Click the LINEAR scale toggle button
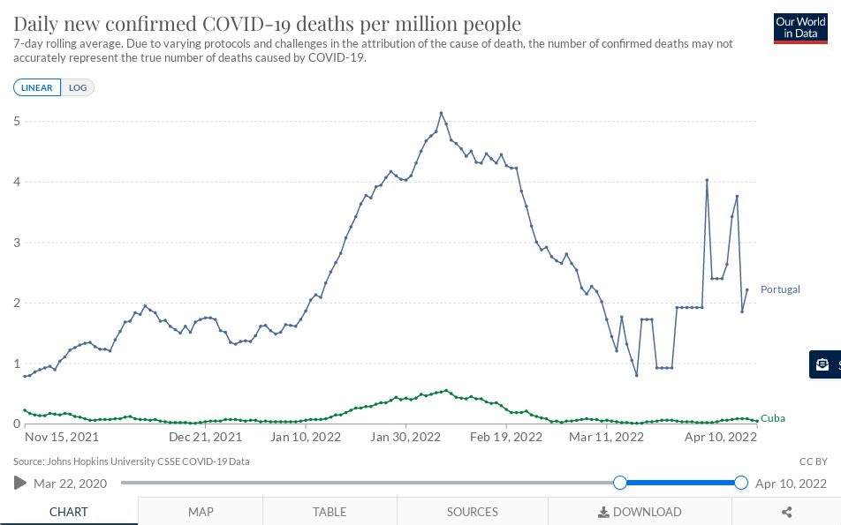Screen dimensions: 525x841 click(37, 87)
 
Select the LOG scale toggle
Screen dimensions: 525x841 click(78, 87)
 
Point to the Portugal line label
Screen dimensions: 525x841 click(780, 289)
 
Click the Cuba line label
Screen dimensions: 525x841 click(773, 418)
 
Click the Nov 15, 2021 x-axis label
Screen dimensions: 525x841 click(62, 437)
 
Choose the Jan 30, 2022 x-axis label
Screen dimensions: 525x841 click(406, 437)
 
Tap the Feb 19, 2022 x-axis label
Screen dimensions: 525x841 click(505, 437)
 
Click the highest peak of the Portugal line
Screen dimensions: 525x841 click(441, 113)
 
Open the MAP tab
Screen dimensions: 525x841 click(201, 512)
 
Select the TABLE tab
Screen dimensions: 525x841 click(330, 512)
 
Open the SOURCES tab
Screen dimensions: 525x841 click(473, 512)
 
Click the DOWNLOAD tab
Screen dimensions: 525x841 click(640, 512)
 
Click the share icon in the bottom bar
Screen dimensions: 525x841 click(786, 512)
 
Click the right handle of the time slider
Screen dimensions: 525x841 click(740, 483)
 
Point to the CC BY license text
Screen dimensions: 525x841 click(813, 461)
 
